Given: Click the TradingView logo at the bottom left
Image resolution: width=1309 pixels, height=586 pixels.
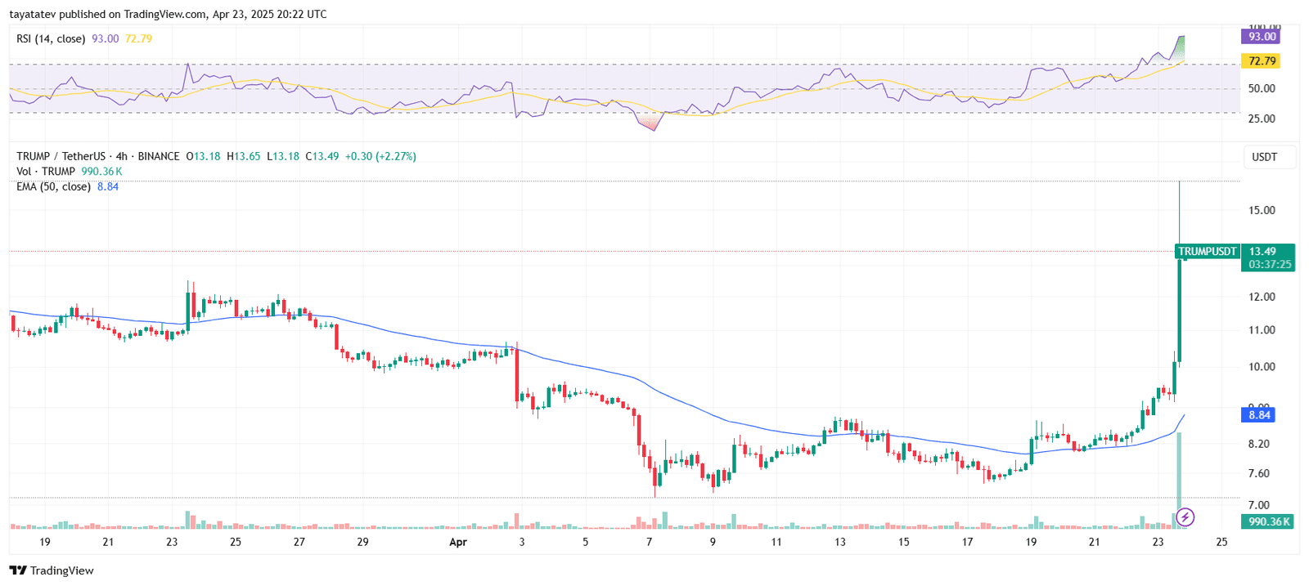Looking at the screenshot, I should tap(52, 570).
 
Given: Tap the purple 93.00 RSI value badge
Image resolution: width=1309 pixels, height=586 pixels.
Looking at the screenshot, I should tap(1261, 37).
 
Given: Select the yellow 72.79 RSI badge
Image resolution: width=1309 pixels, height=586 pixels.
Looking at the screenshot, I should tap(1261, 61).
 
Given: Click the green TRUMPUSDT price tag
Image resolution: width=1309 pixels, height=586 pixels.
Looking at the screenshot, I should tap(1207, 252).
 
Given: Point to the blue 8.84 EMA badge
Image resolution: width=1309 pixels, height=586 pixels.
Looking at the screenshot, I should tap(1259, 415).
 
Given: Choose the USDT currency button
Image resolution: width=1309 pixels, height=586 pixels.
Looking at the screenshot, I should tap(1264, 157).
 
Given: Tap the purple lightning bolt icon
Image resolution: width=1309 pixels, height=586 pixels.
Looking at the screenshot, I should tap(1185, 517).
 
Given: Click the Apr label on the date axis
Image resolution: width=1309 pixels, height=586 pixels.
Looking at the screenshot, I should tap(458, 542).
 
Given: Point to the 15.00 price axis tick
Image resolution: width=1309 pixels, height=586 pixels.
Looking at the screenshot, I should tap(1262, 210).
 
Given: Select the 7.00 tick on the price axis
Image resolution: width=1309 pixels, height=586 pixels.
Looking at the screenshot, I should tap(1259, 505).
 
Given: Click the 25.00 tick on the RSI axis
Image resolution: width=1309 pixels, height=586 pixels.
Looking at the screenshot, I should tap(1262, 119).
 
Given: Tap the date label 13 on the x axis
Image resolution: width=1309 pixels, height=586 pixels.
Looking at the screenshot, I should tap(840, 542).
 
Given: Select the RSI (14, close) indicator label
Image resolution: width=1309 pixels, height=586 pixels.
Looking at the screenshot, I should tap(51, 38).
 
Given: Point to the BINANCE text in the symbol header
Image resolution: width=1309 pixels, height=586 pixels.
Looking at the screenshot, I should tap(159, 156).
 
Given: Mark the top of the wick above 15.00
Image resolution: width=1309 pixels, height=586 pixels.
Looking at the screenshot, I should tap(1179, 181).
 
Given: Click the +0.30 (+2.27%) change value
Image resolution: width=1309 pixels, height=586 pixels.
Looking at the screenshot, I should tap(380, 156).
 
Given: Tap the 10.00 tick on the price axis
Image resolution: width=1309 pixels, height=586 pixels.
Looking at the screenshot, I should tap(1262, 367).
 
